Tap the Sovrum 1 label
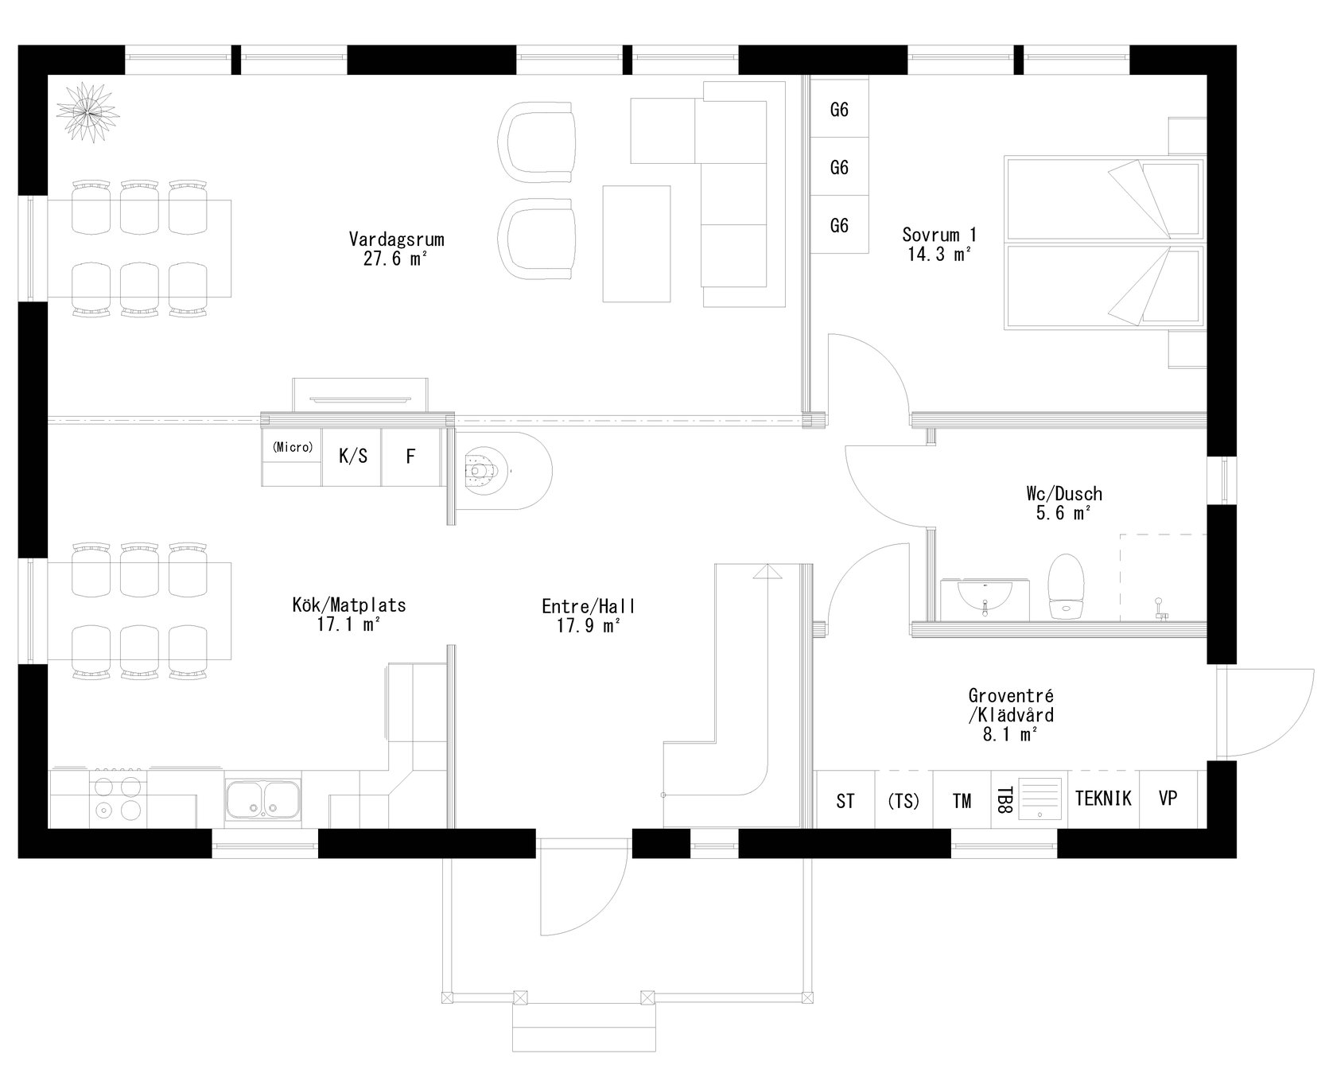(x=938, y=235)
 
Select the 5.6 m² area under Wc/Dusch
(x=1063, y=514)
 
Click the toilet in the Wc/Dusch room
(x=1066, y=586)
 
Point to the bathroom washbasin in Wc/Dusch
(x=985, y=598)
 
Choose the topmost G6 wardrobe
(x=839, y=110)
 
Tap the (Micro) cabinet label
(x=292, y=448)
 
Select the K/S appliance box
(x=352, y=457)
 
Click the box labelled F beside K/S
(x=410, y=457)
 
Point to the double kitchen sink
(x=262, y=799)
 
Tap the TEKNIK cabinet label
(x=1102, y=799)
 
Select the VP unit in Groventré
(x=1167, y=799)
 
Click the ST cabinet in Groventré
(x=845, y=801)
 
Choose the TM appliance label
(x=962, y=801)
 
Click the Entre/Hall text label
(x=588, y=606)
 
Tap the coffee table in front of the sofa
(x=636, y=243)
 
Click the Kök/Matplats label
(x=348, y=604)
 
